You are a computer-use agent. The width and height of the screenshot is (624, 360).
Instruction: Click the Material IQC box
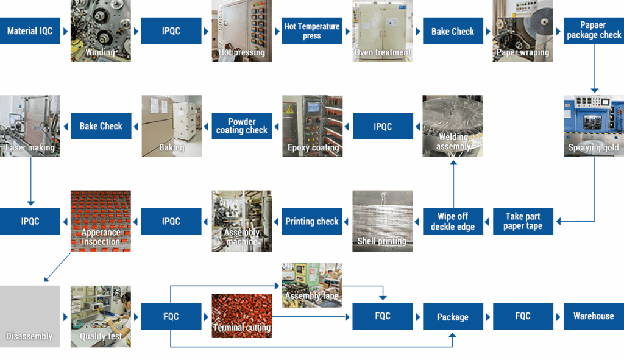point(30,31)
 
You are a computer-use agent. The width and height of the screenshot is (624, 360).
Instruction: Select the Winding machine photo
point(100,30)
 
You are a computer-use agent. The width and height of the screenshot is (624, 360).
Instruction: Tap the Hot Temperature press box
point(311,31)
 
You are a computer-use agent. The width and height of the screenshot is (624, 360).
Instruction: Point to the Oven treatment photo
point(383,30)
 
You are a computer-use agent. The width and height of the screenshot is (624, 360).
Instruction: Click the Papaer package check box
point(594,30)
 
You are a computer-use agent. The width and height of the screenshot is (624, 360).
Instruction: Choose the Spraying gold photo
point(594,125)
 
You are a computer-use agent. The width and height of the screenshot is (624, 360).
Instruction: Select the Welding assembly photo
point(453,125)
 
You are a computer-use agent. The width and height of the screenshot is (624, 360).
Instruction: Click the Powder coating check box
point(241,126)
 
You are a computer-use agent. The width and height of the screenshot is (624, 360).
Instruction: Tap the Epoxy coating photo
point(312,125)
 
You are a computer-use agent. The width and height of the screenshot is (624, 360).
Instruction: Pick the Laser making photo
point(30,125)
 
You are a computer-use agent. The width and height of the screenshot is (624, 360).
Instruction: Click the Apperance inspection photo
point(100,221)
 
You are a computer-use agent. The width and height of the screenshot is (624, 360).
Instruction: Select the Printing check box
point(311,221)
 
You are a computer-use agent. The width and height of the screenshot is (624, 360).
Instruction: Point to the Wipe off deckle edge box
point(453,221)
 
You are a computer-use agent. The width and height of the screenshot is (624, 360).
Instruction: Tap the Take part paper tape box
point(523,221)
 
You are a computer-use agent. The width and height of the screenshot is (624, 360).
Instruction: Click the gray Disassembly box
point(30,316)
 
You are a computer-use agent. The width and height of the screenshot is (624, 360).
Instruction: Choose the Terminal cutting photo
point(241,316)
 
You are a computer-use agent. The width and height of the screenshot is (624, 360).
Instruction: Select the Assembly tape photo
point(311,285)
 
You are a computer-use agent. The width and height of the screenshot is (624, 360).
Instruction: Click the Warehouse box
point(594,316)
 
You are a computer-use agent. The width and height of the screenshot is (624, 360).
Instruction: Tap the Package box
point(453,317)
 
